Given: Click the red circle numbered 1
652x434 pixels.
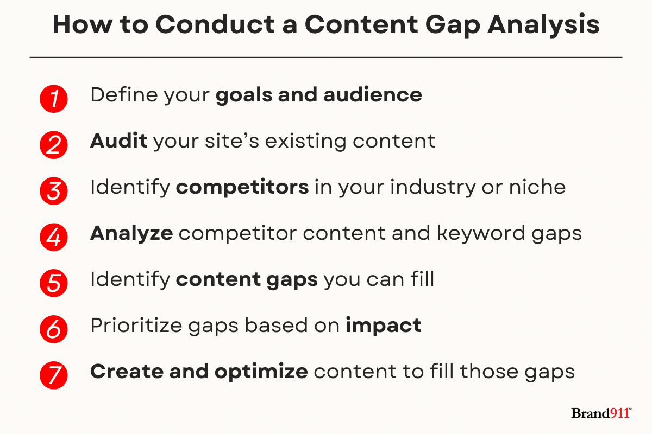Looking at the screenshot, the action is pos(54,99).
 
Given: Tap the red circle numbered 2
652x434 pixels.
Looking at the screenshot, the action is pos(54,145).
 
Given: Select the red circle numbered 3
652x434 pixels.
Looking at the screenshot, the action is pos(54,191).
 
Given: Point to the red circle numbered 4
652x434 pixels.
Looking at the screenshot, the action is pos(54,237).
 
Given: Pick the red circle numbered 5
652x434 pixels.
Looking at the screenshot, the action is pos(54,283).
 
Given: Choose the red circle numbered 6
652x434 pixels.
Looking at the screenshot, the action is pos(54,329).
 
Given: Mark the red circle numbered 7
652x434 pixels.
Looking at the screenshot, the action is pos(54,375).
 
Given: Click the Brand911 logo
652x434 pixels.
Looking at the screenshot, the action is pos(601,413).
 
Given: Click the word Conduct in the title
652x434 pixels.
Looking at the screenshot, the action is pos(215,24).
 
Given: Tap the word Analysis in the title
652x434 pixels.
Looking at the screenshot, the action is pos(543,25).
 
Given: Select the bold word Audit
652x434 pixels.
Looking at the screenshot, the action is pos(119,141).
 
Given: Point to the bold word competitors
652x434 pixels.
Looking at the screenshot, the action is pos(242,187).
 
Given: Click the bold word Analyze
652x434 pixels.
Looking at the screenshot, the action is pos(131,233).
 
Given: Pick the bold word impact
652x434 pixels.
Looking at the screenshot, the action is pos(384,325).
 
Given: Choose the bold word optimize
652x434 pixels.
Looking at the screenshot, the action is pos(261,372).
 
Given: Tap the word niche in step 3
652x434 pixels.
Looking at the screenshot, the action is pos(537,187).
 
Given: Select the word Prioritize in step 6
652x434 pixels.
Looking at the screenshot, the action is pos(136,325).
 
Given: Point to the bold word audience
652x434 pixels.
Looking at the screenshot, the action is pos(373,95).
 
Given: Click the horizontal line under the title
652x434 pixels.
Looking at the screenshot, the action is pos(326,58).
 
